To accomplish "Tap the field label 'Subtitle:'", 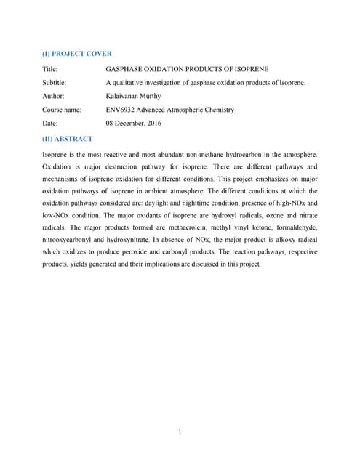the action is click(56, 82).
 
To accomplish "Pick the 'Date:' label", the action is click(52, 124).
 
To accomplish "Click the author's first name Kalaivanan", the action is click(125, 96).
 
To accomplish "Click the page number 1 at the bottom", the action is click(179, 433).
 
